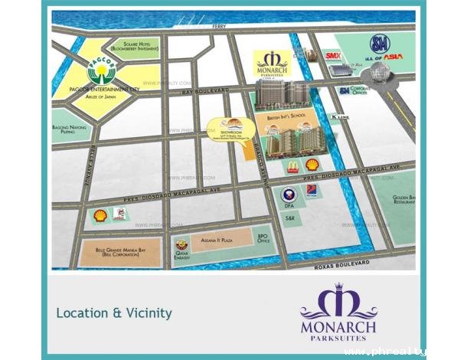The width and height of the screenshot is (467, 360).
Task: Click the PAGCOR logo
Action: pyautogui.click(x=101, y=73)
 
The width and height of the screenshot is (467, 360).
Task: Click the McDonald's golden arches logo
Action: pyautogui.click(x=293, y=165)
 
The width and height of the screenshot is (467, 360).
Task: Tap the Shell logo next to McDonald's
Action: pyautogui.click(x=312, y=165)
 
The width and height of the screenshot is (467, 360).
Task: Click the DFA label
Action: pyautogui.click(x=289, y=206)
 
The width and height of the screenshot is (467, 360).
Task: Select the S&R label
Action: pyautogui.click(x=289, y=218)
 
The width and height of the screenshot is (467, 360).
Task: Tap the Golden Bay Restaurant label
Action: pyautogui.click(x=404, y=201)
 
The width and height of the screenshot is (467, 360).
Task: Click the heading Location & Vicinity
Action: pyautogui.click(x=113, y=313)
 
